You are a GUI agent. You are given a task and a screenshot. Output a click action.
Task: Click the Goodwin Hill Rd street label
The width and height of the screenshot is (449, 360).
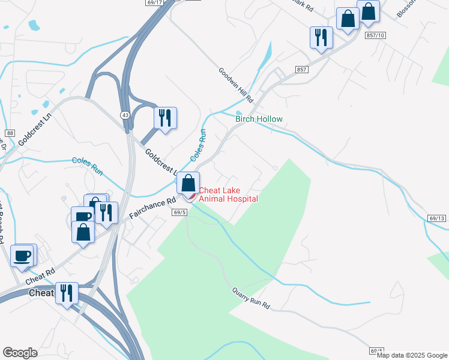pos(236,84)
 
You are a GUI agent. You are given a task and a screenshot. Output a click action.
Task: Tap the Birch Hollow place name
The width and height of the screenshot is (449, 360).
pos(258,119)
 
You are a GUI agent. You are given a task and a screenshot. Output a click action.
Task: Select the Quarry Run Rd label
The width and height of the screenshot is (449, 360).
pos(251,298)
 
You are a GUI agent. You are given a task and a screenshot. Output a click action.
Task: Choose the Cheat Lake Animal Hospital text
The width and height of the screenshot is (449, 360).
pos(228,195)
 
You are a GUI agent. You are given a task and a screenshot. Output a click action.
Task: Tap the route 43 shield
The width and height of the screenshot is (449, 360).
pos(125,114)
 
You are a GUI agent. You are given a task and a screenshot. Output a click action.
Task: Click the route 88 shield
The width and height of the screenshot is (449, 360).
pos(9,133)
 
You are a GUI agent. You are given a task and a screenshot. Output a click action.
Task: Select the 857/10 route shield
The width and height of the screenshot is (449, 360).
pos(375,36)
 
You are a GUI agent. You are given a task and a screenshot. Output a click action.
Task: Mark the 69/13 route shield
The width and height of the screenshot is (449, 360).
pos(438,219)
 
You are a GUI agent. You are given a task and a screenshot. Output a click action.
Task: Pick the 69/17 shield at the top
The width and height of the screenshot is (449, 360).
pos(154,3)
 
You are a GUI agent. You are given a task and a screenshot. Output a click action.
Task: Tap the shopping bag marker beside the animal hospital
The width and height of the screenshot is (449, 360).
pos(188,182)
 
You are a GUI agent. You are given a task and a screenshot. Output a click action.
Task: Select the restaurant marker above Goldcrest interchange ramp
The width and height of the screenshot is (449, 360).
pos(165,117)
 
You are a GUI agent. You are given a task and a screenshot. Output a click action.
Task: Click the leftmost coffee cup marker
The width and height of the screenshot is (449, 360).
pos(22,255)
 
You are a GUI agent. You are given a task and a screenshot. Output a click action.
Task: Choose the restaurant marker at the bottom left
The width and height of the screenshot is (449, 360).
pos(67,293)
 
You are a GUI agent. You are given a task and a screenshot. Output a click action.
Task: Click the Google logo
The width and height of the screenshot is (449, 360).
pos(20,352)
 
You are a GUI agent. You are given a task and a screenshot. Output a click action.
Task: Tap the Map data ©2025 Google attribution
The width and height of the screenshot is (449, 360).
pos(412,355)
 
